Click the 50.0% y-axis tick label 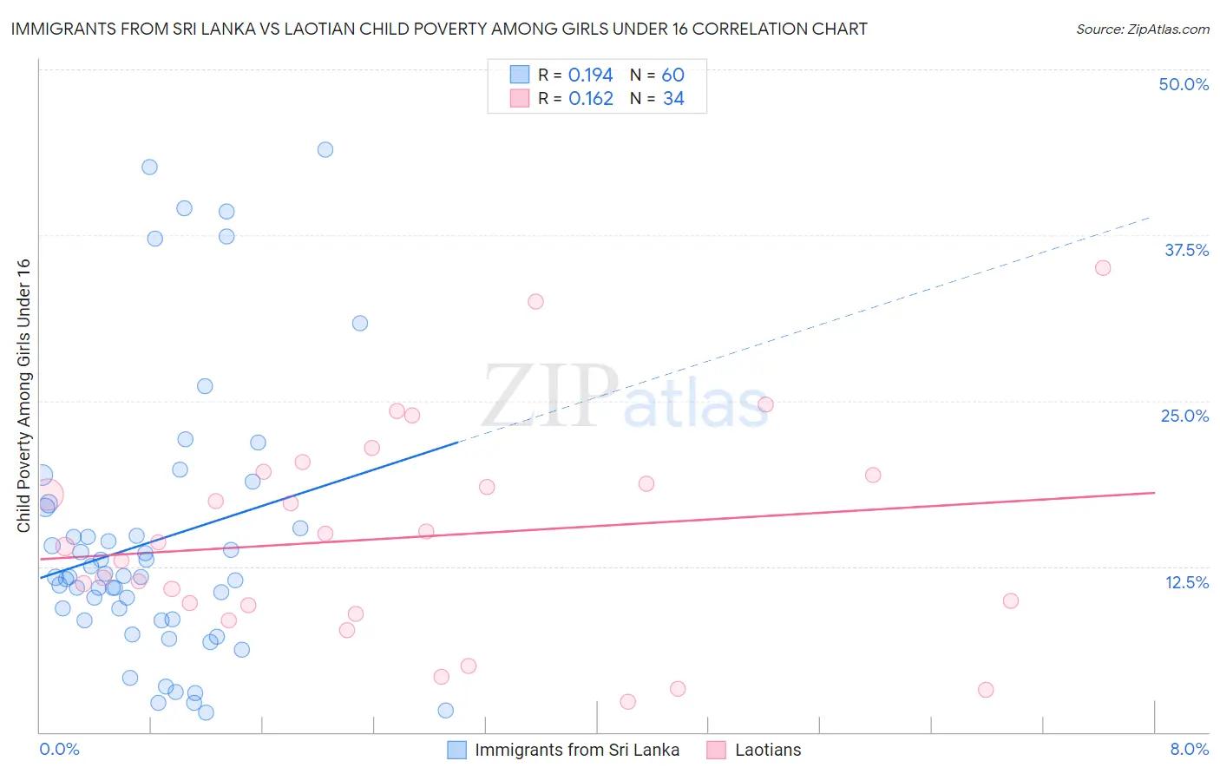tap(1184, 84)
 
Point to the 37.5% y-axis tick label tap(1186, 250)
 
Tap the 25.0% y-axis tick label tap(1184, 416)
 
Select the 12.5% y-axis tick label tap(1186, 582)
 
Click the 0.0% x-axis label tap(59, 749)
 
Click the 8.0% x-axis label tap(1189, 749)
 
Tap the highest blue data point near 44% tap(325, 149)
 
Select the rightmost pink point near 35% tap(1103, 268)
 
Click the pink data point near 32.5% tap(535, 302)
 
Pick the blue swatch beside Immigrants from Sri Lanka tap(457, 750)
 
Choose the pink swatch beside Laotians tap(716, 750)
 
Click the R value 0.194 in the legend tap(590, 75)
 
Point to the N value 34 tap(673, 99)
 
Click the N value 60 tap(673, 75)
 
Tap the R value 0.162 tap(590, 99)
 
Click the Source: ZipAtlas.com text tap(1142, 30)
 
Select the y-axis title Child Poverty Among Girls tap(23, 396)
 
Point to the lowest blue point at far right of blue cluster tap(445, 711)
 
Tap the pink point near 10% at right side tap(1010, 601)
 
